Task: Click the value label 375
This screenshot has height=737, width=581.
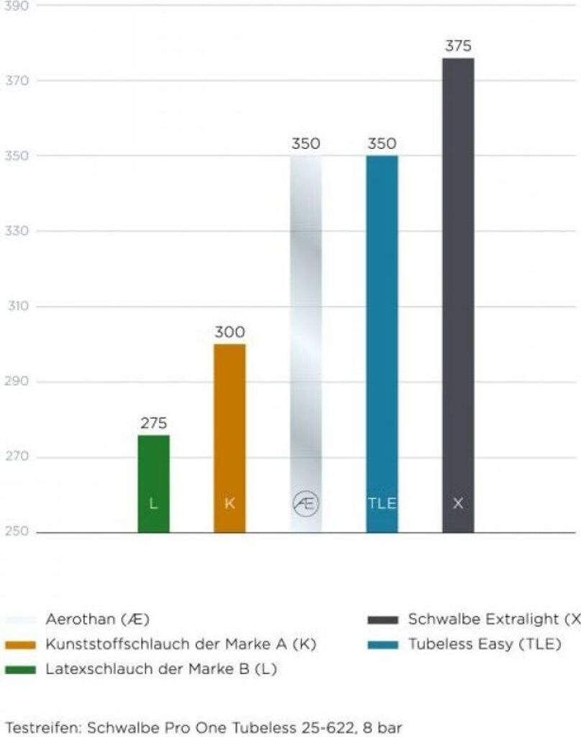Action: (458, 46)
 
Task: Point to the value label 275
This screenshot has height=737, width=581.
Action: (154, 423)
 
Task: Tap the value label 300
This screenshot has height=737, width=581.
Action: (229, 333)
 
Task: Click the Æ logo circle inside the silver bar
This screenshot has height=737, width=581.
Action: (306, 503)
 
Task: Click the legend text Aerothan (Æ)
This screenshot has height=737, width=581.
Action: (97, 619)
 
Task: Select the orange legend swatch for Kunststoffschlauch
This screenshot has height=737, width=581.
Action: (20, 644)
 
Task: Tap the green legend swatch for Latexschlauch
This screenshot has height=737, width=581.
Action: (20, 669)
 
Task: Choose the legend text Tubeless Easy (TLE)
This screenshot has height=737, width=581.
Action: (485, 644)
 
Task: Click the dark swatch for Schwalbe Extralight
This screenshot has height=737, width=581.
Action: (383, 619)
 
